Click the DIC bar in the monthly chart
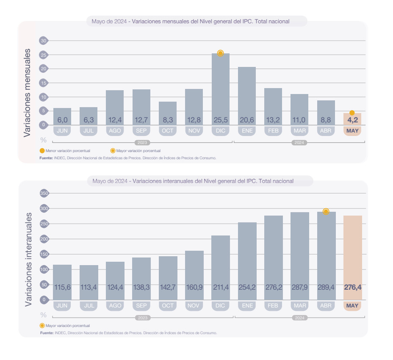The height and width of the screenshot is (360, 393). pyautogui.click(x=221, y=85)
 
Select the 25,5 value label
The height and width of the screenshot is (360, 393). pyautogui.click(x=221, y=120)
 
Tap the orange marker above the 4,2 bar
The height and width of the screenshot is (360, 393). pyautogui.click(x=352, y=113)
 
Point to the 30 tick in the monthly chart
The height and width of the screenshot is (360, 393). pyautogui.click(x=43, y=41)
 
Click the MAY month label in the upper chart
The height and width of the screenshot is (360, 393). pyautogui.click(x=352, y=131)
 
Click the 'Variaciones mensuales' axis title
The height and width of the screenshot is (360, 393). pyautogui.click(x=27, y=92)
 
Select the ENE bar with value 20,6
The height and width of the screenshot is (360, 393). pyautogui.click(x=247, y=93)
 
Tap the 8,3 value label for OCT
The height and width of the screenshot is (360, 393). pyautogui.click(x=168, y=120)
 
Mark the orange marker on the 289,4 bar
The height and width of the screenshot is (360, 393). pyautogui.click(x=326, y=211)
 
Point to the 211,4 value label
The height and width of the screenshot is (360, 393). pyautogui.click(x=221, y=287)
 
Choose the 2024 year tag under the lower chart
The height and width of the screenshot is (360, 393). pyautogui.click(x=299, y=318)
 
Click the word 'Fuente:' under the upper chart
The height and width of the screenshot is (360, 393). pyautogui.click(x=46, y=158)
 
